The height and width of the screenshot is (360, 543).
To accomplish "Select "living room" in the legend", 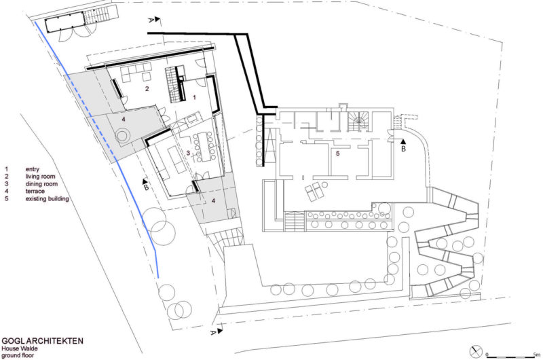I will coord(39,175).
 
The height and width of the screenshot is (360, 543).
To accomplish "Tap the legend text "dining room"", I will coord(40,183).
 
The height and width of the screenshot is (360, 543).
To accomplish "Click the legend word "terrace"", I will coord(35,191).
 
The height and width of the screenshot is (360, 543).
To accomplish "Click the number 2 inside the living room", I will coord(145,88).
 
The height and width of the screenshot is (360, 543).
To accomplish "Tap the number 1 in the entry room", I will coord(194,98).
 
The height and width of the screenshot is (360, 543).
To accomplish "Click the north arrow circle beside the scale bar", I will coord(476,352).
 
